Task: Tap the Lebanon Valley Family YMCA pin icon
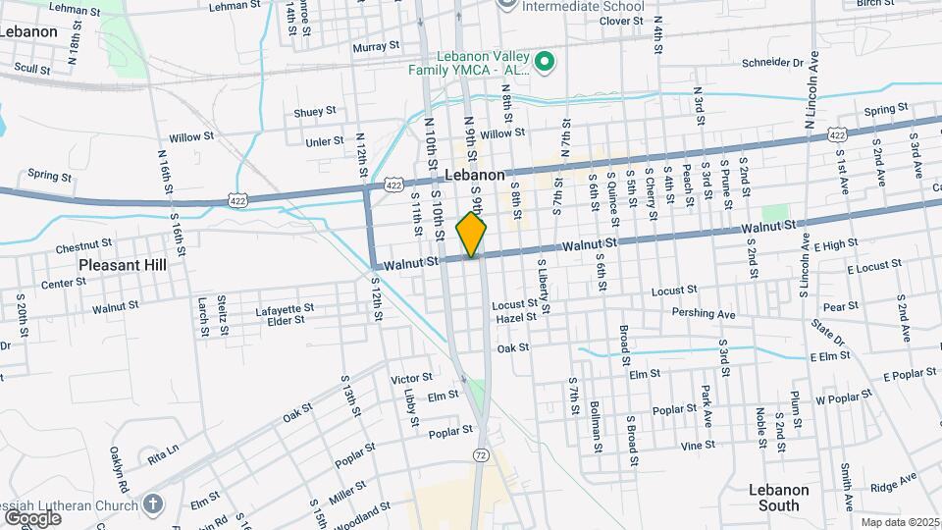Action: tap(547, 64)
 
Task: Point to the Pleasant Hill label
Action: tap(123, 265)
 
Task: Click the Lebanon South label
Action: tap(779, 498)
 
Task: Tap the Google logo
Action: tap(32, 517)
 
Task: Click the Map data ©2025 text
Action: tap(899, 522)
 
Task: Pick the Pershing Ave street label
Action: tap(704, 314)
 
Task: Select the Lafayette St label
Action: tap(285, 308)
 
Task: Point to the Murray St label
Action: tap(377, 46)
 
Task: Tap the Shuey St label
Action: tap(315, 112)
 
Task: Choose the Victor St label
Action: tap(411, 378)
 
